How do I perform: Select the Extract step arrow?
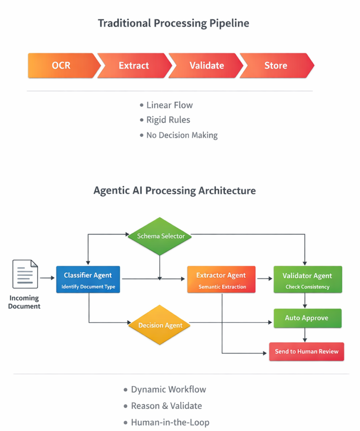coord(134,66)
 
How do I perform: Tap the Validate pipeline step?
coord(206,66)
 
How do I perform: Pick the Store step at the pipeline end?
coord(276,66)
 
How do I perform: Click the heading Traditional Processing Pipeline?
coord(173,23)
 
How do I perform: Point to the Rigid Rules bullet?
coord(168,120)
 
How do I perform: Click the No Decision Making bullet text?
coord(182,135)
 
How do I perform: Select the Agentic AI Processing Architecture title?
coord(174,191)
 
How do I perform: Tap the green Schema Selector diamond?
coord(160,236)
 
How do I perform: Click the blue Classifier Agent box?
coord(88,279)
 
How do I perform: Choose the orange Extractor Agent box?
coord(221,279)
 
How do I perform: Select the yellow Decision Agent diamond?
coord(160,325)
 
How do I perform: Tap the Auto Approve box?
coord(307,318)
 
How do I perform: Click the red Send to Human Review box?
coord(307,351)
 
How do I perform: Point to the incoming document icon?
coord(25,274)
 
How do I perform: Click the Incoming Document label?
coord(24,302)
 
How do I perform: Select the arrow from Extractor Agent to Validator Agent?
coord(264,279)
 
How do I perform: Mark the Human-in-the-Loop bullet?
coord(170,422)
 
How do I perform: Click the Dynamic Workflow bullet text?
coord(168,389)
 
